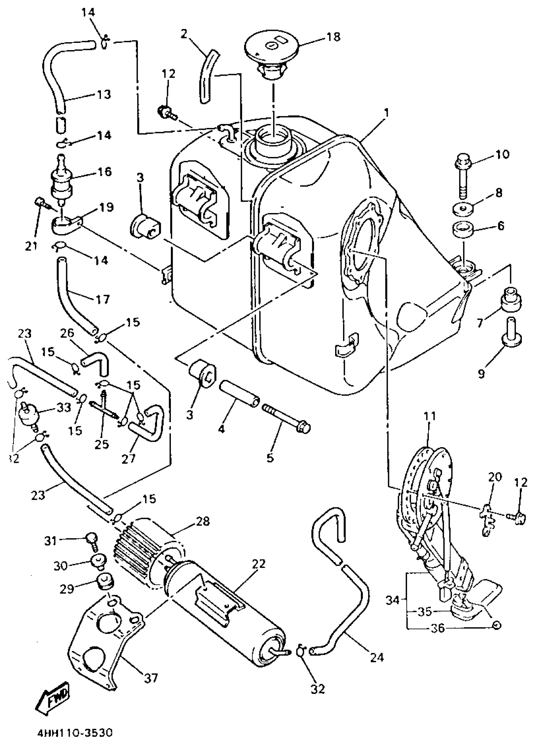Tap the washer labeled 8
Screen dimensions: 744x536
[463, 210]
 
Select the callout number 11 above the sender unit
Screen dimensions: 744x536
[430, 416]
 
